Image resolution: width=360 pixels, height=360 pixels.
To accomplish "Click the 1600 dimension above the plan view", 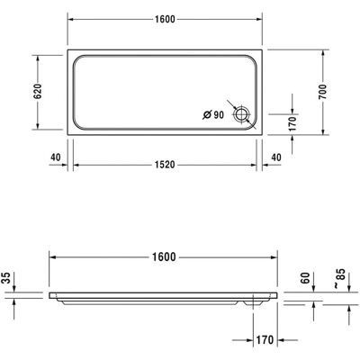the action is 165,19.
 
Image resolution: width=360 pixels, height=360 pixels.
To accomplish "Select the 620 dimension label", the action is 38,92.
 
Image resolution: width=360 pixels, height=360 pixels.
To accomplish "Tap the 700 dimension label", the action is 323,92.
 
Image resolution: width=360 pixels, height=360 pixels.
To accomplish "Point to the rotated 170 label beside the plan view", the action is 292,123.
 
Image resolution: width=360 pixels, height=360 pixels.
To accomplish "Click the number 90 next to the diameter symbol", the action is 219,114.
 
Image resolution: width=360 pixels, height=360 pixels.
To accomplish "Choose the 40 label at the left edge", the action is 56,157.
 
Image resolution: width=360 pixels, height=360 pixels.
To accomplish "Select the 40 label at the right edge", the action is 276,157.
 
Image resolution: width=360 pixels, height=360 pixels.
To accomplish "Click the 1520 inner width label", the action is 165,165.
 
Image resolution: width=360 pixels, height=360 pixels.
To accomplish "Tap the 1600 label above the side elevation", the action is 164,257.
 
